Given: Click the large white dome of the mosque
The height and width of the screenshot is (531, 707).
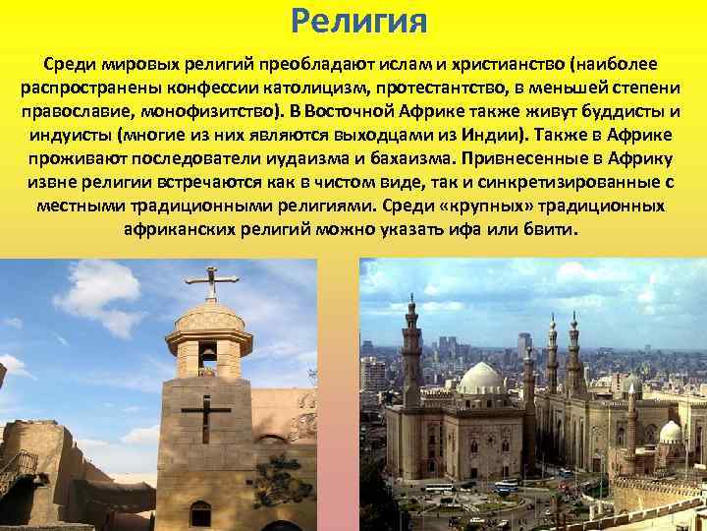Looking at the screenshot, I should (483, 378).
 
